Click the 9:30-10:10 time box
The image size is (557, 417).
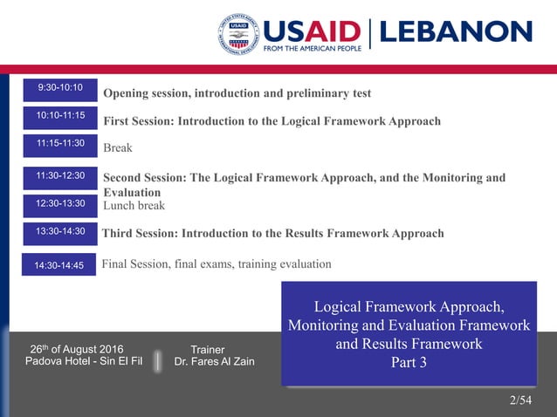pos(59,88)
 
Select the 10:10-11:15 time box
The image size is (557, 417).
pos(59,116)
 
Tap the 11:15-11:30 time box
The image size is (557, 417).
pos(59,144)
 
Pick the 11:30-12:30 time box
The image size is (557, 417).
pos(59,177)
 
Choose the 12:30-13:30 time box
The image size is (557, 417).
pos(59,204)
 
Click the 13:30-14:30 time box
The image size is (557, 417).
pos(59,232)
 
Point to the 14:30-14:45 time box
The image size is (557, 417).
pos(59,265)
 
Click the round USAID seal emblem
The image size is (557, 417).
pos(238,35)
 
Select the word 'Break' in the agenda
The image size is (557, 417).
pos(118,148)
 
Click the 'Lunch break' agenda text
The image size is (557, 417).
pos(134,206)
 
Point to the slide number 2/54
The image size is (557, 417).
pos(520,400)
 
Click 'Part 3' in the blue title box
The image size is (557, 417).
pos(409,363)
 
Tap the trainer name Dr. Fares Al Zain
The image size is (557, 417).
pos(215,362)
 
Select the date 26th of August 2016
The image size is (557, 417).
pos(77,349)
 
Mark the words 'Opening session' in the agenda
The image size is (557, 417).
pos(144,93)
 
